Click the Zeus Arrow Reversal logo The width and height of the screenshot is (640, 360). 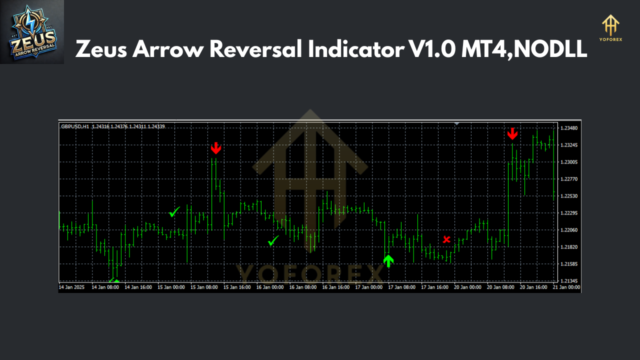[32, 32]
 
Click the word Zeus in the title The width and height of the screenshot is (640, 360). [101, 49]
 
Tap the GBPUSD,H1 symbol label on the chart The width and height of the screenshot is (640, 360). [75, 126]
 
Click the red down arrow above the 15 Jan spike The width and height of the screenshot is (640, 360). [215, 148]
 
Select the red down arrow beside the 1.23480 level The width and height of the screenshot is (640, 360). [512, 134]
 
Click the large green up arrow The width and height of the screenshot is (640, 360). [388, 260]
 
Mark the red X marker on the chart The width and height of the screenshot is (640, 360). [446, 239]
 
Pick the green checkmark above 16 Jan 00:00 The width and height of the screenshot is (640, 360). [273, 241]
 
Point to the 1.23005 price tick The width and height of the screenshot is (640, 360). [569, 162]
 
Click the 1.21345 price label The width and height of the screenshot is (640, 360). [569, 281]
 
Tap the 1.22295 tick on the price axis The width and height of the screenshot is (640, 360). [569, 213]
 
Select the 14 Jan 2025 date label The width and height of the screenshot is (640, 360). [72, 287]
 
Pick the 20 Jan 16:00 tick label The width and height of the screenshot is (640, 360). [533, 287]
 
